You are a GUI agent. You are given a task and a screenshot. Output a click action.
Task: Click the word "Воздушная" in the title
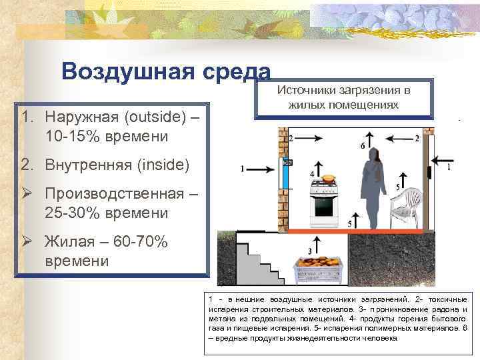tap(129, 72)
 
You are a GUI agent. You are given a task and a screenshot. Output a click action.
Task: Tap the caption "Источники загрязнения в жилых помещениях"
tap(343, 97)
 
